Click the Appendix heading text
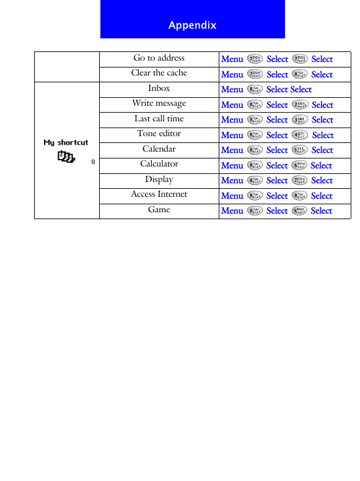(192, 25)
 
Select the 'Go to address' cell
(159, 58)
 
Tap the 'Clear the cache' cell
(159, 73)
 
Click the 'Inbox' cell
(159, 89)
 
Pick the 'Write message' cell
(159, 103)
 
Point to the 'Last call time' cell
(159, 119)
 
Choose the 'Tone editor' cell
(159, 134)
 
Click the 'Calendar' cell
(159, 149)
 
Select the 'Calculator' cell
(159, 164)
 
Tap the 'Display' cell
(159, 180)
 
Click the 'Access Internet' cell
(159, 194)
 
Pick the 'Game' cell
(159, 210)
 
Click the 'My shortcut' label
(66, 142)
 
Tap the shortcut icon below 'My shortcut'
(66, 157)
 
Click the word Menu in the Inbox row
(232, 89)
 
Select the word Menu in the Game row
(232, 210)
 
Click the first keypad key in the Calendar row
(254, 150)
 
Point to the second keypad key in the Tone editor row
(300, 135)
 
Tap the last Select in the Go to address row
(322, 59)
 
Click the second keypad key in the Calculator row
(299, 165)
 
